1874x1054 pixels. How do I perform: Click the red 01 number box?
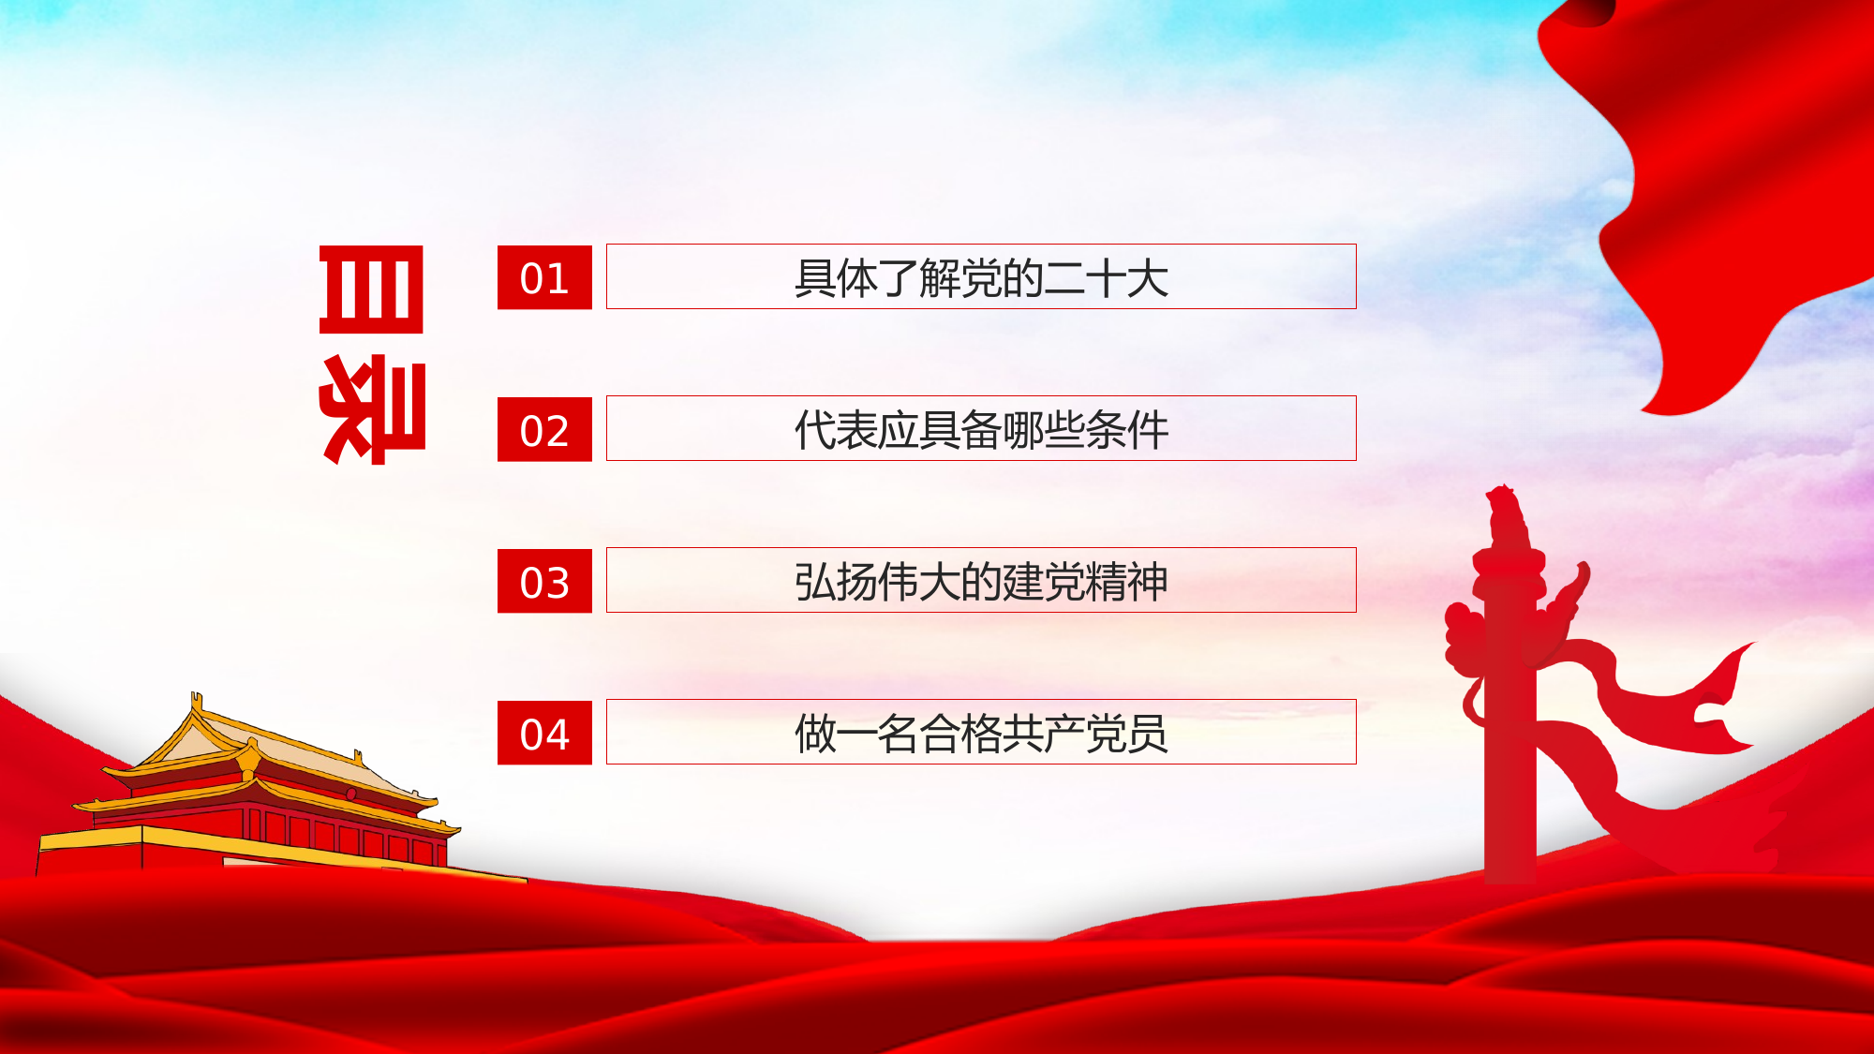544,277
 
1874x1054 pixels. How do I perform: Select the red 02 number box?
544,429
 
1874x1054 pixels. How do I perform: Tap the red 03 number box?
544,581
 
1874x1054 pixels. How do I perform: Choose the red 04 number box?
544,733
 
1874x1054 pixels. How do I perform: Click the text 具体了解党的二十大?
981,278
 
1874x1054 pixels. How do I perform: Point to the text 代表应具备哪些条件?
981,430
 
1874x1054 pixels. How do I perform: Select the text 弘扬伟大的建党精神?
981,582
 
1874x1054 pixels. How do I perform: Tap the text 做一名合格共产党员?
981,734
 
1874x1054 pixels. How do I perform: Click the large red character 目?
371,289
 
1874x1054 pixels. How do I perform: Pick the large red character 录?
373,409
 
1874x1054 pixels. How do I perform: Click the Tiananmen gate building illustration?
262,796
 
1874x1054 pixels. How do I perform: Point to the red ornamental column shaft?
1509,750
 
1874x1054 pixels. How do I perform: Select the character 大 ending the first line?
1148,278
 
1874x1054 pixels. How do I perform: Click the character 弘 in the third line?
815,582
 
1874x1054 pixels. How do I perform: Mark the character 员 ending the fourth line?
1148,734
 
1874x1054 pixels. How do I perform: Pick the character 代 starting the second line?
815,430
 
